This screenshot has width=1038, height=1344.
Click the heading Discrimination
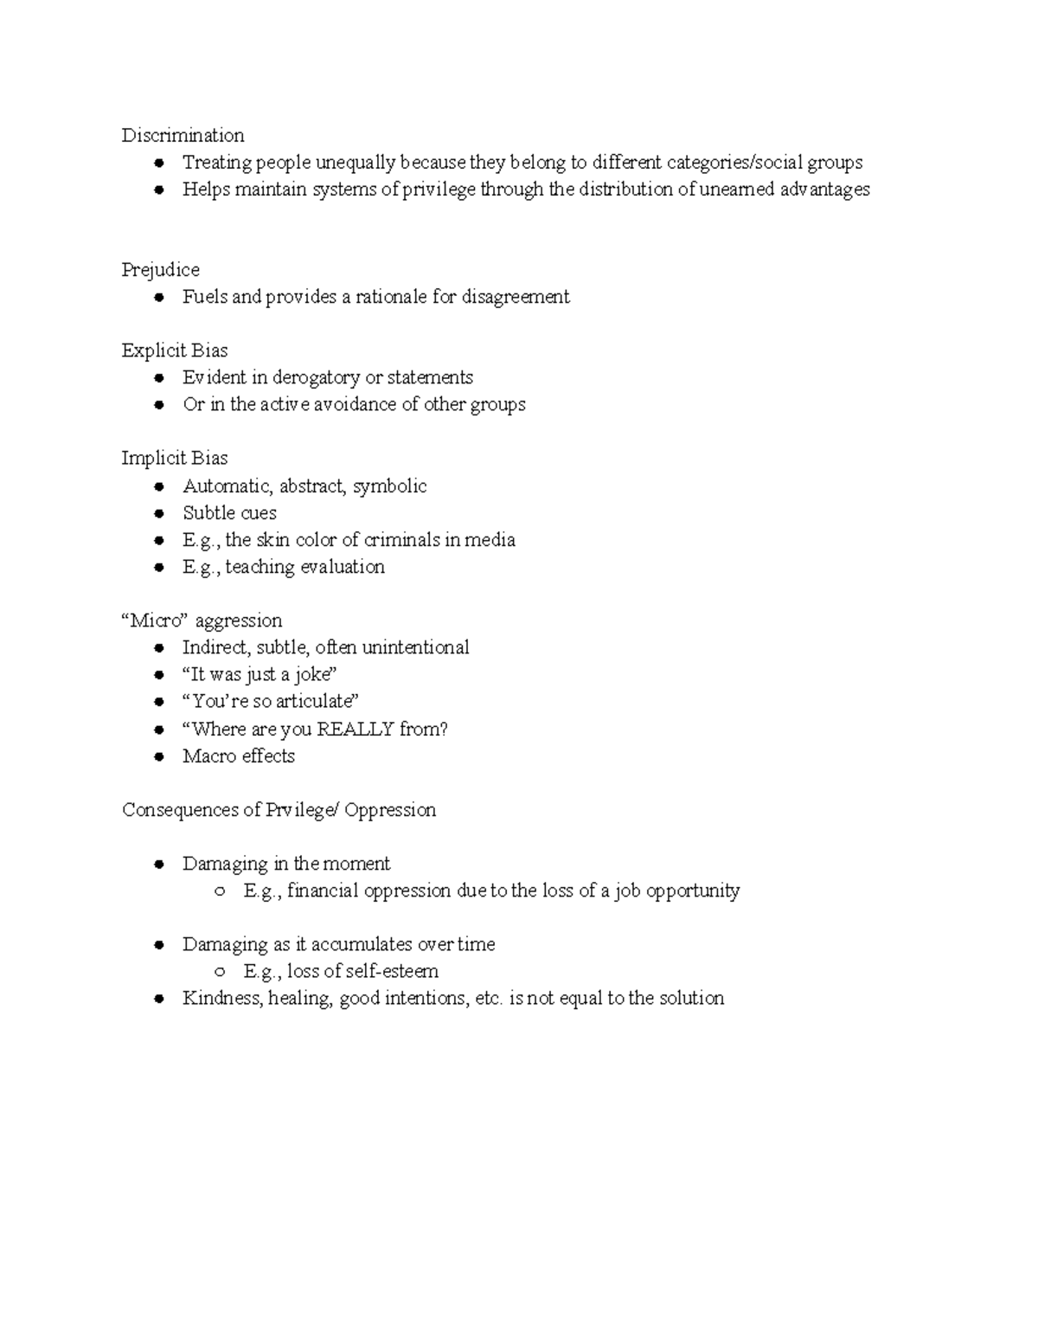coord(183,136)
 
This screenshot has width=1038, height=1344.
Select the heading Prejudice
coord(160,270)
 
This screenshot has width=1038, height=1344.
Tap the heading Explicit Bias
coord(175,350)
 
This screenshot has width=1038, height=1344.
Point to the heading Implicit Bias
coord(175,459)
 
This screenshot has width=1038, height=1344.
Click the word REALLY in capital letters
coord(356,730)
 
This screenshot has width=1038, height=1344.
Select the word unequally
coord(356,163)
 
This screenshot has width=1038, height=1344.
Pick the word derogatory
coord(317,378)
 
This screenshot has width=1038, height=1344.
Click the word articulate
coord(317,702)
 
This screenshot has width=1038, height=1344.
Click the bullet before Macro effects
coord(159,757)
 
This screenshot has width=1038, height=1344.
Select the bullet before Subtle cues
coord(159,514)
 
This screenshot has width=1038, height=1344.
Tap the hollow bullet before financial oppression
coord(221,891)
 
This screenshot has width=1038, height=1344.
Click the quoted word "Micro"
coord(157,621)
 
